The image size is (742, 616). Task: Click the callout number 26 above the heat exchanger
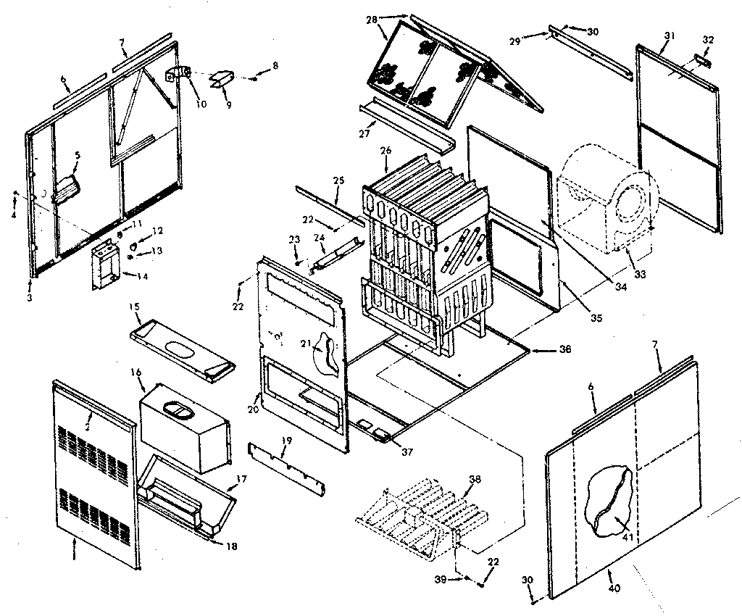[x=385, y=151]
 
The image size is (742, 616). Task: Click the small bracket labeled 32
[x=702, y=59]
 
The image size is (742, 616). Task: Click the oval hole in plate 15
[x=179, y=349]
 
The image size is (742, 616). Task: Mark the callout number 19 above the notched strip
[x=285, y=440]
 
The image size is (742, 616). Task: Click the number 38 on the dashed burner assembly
[x=475, y=479]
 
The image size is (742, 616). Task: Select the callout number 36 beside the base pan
[x=565, y=349]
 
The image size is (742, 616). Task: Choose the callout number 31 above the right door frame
[x=668, y=36]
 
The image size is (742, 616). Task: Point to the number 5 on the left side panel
[x=78, y=154]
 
